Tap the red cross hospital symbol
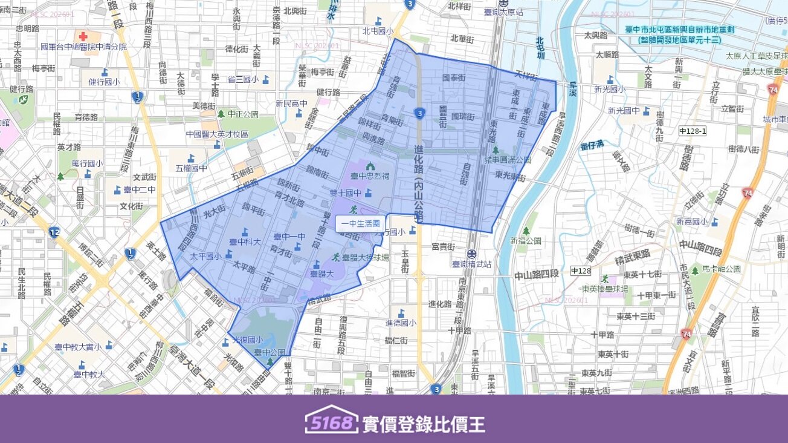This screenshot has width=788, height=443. pos(83,36)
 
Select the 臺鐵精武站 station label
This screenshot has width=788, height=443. pos(471,264)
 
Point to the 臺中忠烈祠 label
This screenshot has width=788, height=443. pos(370,176)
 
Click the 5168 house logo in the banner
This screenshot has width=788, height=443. pos(331,420)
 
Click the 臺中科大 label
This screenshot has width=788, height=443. pos(245,241)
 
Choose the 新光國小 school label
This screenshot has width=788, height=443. pos(610,89)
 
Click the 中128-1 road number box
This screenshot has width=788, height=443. pos(693,131)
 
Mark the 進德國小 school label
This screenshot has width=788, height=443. pos(401,323)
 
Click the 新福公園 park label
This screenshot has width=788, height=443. pos(525,241)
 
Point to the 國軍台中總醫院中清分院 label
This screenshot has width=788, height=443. pos(83,47)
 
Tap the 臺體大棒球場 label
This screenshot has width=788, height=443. pos(365,257)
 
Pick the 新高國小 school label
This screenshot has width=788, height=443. pos(693,222)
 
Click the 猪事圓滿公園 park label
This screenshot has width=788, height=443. pos(508,160)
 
